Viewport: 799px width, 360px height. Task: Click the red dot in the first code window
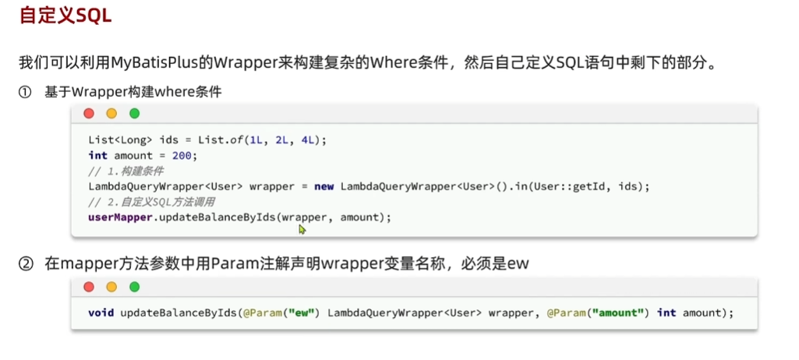[x=89, y=114]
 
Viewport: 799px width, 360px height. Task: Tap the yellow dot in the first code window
[x=111, y=114]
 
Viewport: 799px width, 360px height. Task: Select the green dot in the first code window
[x=134, y=114]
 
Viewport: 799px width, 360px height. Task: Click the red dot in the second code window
[x=89, y=287]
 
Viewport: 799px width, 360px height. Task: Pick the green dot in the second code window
[x=134, y=287]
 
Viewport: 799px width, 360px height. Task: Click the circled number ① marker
[x=26, y=92]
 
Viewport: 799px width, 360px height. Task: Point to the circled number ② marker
[x=26, y=264]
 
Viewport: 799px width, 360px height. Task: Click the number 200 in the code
[x=182, y=155]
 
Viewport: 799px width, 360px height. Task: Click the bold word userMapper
[x=121, y=217]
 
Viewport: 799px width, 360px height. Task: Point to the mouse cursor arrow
[x=302, y=229]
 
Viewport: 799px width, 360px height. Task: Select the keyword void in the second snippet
[x=101, y=312]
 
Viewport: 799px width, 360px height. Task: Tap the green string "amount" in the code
[x=620, y=312]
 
